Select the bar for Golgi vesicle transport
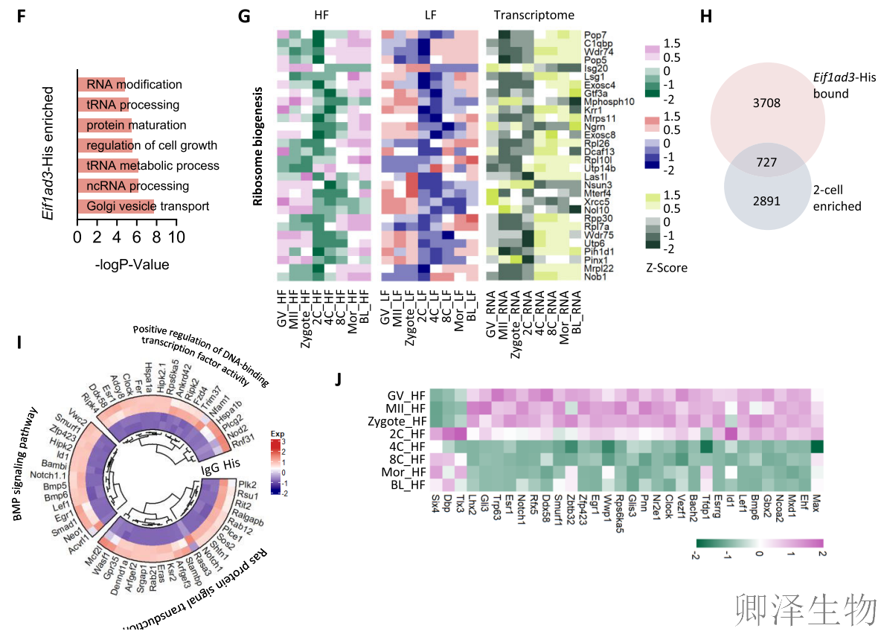[115, 206]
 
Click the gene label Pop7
[595, 35]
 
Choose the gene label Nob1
[595, 277]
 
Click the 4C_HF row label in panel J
[408, 446]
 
